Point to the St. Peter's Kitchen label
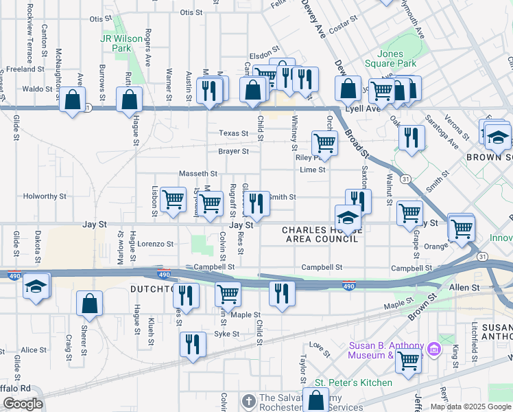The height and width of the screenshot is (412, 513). pos(353,382)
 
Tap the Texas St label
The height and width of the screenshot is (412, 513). pos(233,133)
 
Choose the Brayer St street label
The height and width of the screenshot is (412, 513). pos(233,151)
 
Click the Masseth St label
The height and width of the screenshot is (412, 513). pos(198,174)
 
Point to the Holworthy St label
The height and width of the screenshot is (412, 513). pos(45,196)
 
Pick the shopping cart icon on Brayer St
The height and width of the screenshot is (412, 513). pos(324,143)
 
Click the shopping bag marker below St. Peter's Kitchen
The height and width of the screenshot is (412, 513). pos(315,400)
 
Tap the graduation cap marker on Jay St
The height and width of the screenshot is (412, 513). pos(348,217)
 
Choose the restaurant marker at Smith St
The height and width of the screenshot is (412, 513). pos(256,203)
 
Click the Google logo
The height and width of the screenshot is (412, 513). pos(23,404)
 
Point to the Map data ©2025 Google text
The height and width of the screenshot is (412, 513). pos(470,407)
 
